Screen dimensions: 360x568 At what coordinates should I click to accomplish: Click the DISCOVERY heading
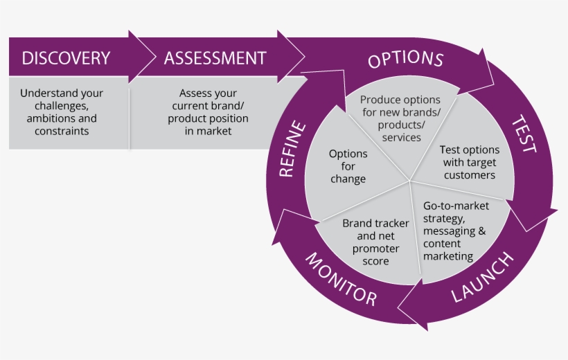point(66,58)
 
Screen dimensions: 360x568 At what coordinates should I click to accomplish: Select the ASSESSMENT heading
point(215,58)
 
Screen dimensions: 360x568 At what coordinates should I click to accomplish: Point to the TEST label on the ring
point(524,134)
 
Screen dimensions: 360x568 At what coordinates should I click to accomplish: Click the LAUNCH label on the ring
point(483,278)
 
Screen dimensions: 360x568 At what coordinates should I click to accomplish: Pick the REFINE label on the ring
point(292,149)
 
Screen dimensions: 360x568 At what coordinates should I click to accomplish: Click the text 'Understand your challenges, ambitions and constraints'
point(62,112)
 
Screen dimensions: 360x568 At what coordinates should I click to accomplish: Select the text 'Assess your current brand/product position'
point(208,112)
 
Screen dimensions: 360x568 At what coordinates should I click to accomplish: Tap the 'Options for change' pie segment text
point(348,166)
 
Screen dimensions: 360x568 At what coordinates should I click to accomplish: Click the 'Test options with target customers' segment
point(470,162)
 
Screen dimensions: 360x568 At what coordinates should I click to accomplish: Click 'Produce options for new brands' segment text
point(400,118)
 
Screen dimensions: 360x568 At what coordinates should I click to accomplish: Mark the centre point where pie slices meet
point(410,181)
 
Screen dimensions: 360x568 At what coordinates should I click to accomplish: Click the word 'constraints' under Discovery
point(62,131)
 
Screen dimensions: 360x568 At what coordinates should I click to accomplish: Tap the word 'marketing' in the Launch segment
point(447,256)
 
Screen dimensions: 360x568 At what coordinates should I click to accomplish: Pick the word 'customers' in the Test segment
point(470,175)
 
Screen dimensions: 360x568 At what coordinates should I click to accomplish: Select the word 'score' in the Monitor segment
point(375,261)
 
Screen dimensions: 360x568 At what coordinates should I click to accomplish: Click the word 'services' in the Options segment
point(400,137)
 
